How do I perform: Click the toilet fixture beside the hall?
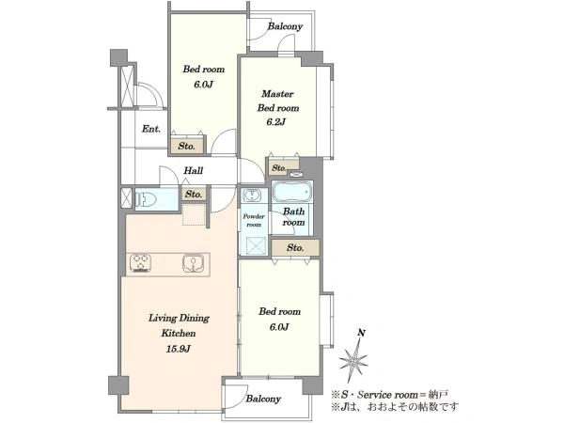point(146,199)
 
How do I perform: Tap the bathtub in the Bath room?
point(291,192)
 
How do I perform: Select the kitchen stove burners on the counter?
point(140,263)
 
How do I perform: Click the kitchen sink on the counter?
point(194,263)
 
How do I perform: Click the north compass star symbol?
point(353,360)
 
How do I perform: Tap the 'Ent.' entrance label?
point(151,129)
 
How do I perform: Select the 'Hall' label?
point(193,170)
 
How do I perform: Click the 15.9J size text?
point(179,349)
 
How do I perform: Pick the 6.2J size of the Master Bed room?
point(276,122)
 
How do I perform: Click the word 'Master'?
point(277,94)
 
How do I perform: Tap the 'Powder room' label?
point(254,220)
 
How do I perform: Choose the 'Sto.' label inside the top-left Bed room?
point(187,146)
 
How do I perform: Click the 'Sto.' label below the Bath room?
point(295,247)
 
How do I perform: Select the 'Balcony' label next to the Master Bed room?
point(285,26)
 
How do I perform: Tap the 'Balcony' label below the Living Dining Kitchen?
point(263,399)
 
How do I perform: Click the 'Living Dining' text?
point(179,318)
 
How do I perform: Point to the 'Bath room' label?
point(293,216)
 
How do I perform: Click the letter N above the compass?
point(361,333)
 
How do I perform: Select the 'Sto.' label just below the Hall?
point(194,195)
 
